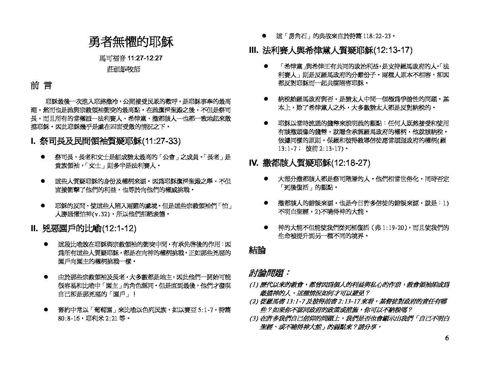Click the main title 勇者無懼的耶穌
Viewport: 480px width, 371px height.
tap(131, 42)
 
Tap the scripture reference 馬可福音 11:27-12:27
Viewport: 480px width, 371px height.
tap(131, 58)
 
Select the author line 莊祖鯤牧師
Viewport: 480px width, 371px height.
tap(123, 69)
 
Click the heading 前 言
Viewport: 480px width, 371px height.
tap(41, 86)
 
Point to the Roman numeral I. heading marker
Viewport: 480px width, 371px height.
tap(33, 141)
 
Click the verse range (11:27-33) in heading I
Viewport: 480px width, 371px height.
tap(161, 141)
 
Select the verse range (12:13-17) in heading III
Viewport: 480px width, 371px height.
tap(393, 50)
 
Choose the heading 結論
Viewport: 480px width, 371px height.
tap(257, 251)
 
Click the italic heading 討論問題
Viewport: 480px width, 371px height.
tap(269, 273)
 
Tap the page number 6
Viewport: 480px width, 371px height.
tap(447, 338)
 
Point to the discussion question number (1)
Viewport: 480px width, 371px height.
tap(254, 285)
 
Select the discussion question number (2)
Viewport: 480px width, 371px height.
tap(254, 301)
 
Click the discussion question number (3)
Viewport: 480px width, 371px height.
tap(254, 318)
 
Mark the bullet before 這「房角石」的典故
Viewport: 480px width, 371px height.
tap(264, 35)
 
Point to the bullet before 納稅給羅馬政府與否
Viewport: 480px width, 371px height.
tap(266, 99)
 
